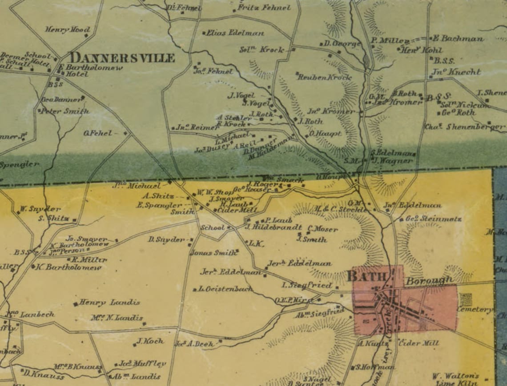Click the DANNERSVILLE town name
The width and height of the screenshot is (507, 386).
(x=122, y=58)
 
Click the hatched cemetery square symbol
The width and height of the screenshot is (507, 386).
(x=466, y=299)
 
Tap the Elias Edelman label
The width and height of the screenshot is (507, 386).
(x=235, y=33)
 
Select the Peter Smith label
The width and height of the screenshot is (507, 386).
(x=65, y=111)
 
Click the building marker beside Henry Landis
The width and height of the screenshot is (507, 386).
(x=75, y=304)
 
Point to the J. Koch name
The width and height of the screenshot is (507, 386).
(x=150, y=341)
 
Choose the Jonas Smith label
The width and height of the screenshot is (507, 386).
(x=213, y=253)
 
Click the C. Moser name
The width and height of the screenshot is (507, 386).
(x=322, y=229)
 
